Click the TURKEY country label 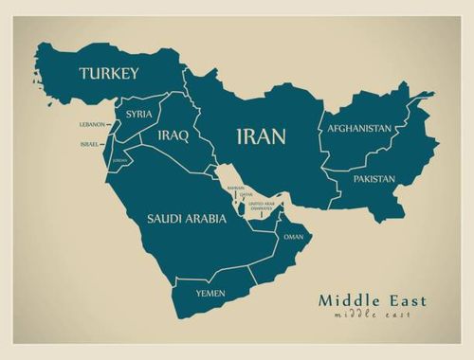click(x=109, y=73)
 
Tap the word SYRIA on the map click(x=138, y=115)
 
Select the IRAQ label click(x=173, y=135)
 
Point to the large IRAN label click(x=261, y=136)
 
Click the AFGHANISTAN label click(x=359, y=128)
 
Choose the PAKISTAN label click(x=374, y=178)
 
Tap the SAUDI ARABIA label click(x=186, y=218)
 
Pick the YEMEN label click(x=210, y=294)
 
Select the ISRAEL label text click(x=89, y=144)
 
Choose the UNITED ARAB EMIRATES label click(x=262, y=206)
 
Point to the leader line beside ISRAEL click(x=104, y=144)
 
